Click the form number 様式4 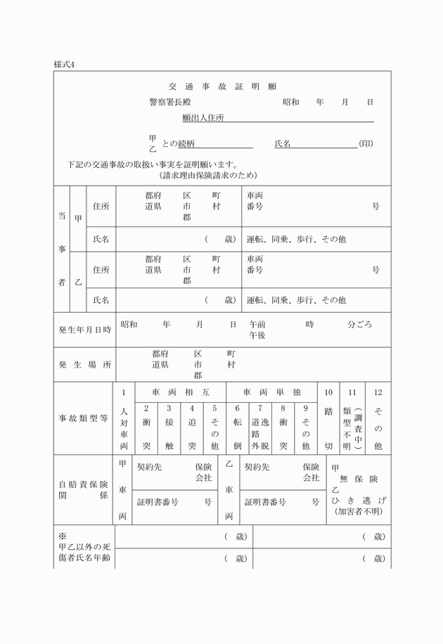[64, 64]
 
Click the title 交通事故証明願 [223, 86]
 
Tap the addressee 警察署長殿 [169, 102]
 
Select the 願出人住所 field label [203, 118]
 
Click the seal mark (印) [366, 143]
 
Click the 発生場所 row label [84, 365]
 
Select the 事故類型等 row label [84, 418]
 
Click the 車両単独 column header [271, 391]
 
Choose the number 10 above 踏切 [328, 391]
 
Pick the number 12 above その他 [378, 391]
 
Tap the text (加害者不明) [359, 511]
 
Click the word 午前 [257, 325]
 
